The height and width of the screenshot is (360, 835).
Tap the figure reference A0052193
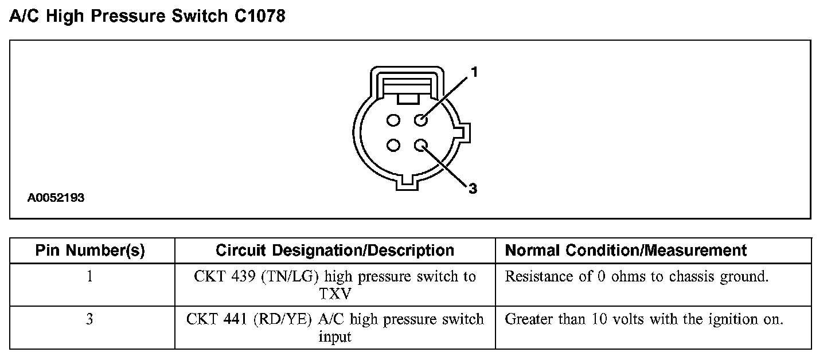coord(56,198)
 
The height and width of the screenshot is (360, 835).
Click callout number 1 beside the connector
coord(474,72)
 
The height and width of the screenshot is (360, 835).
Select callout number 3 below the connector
coord(473,189)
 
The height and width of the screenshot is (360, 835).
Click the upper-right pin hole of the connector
coord(422,120)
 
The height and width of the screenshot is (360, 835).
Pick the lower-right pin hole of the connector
coord(422,146)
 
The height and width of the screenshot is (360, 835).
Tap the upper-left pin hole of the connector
coord(393,120)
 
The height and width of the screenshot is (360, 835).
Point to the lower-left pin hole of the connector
coord(393,146)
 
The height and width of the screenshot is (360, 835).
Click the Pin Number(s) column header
coord(90,251)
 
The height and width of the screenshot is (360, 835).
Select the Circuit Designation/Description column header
coord(335,251)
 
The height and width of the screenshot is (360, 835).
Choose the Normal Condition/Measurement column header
coord(626,251)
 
